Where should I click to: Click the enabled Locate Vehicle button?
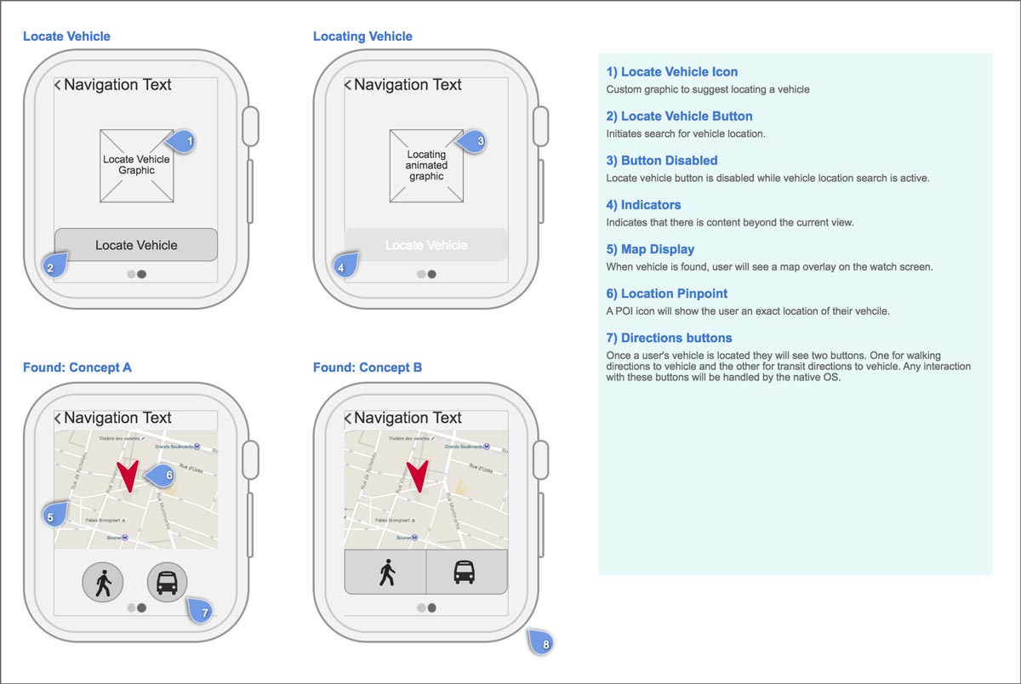click(136, 245)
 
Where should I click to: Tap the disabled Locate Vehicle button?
click(426, 245)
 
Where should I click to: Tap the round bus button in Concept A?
click(168, 583)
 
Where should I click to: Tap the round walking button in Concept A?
click(103, 583)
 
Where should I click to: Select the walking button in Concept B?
click(385, 572)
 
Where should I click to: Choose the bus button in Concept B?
click(465, 572)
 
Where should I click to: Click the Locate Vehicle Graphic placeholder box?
click(136, 165)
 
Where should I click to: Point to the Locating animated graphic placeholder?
click(426, 165)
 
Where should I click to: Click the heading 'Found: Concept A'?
click(77, 368)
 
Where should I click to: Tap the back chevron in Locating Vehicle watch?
click(347, 85)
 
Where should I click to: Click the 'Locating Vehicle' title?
click(362, 37)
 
